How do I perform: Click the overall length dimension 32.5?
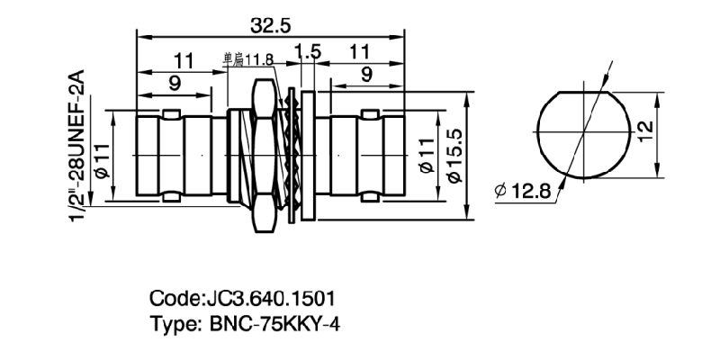click(272, 27)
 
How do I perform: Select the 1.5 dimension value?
click(309, 54)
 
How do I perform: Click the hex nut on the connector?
click(265, 157)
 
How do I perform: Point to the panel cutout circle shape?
click(582, 132)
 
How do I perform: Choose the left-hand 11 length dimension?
click(184, 59)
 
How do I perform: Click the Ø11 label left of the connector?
click(100, 158)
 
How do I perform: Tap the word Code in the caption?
click(169, 298)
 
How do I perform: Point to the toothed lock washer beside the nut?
click(292, 157)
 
